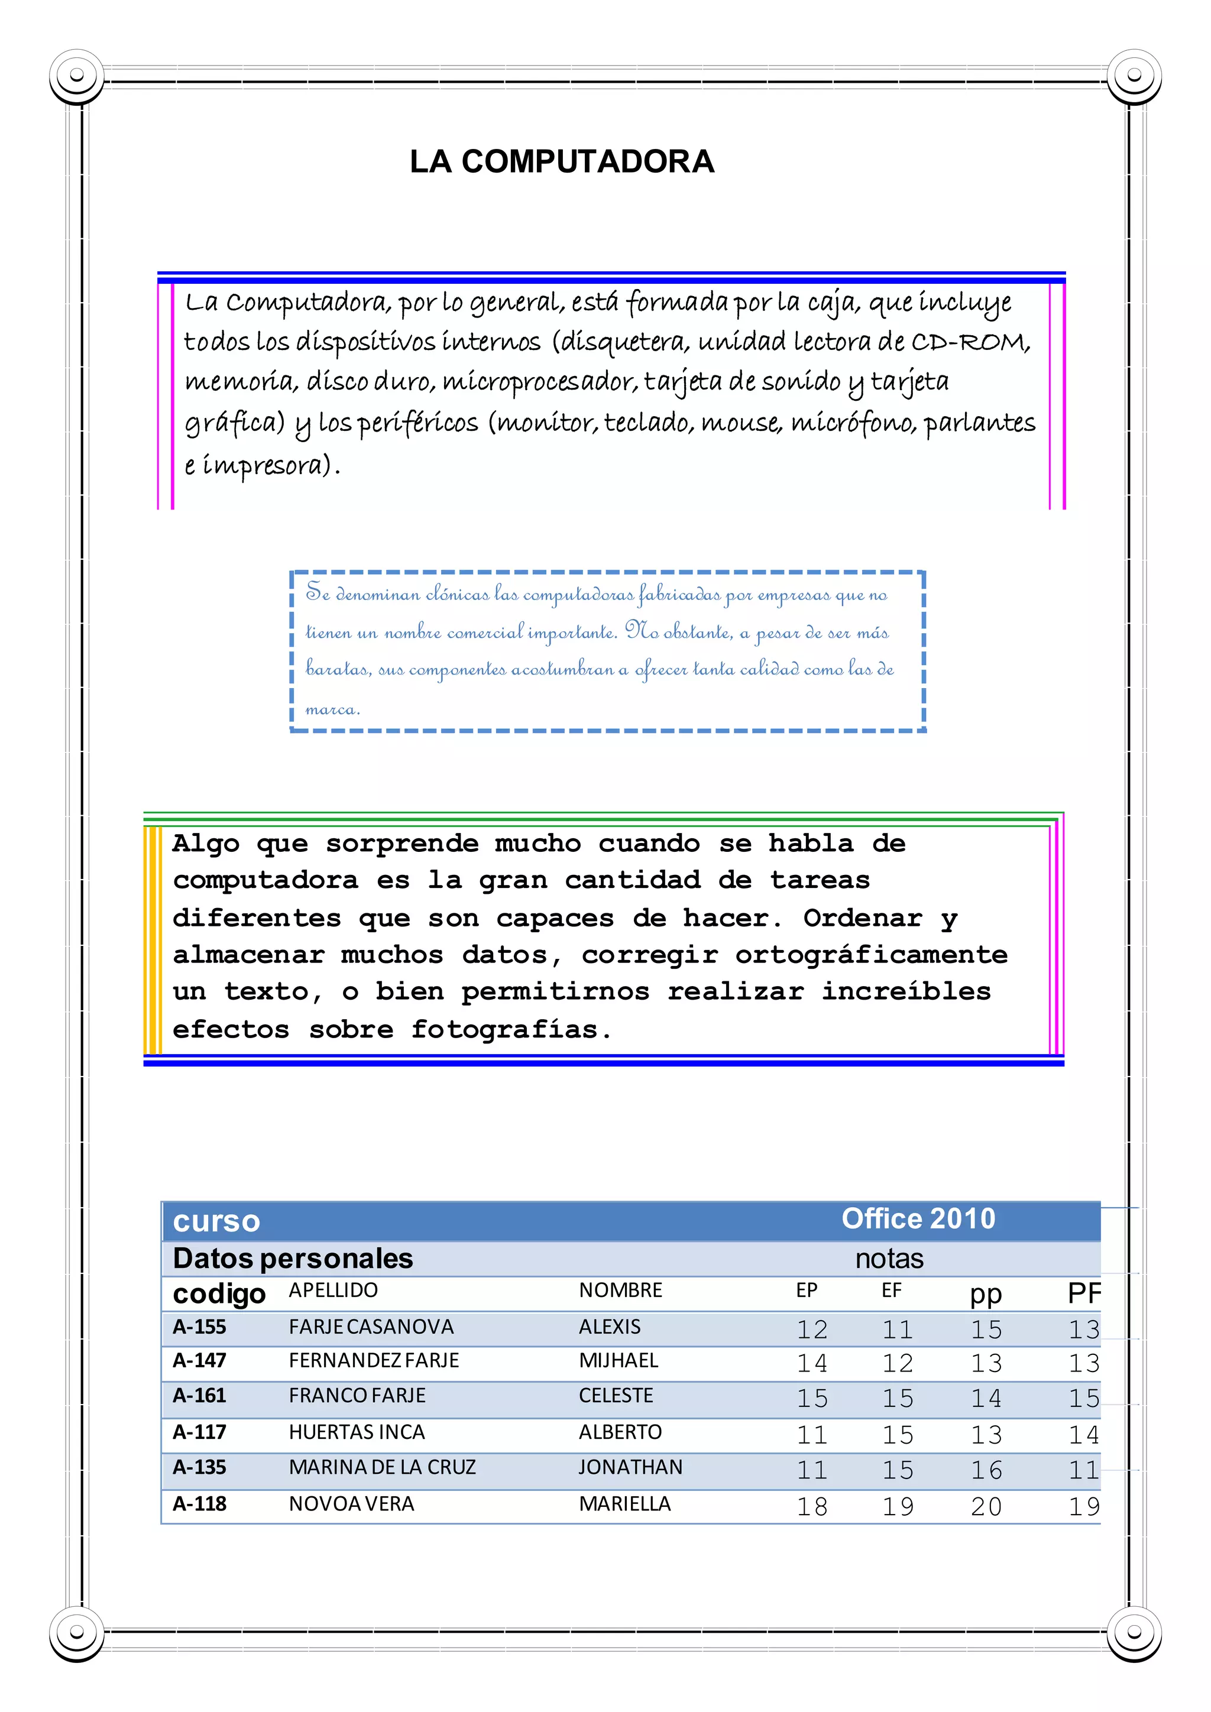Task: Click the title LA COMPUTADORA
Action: [x=562, y=162]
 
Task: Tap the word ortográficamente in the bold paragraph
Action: [x=871, y=955]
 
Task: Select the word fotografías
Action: [x=504, y=1030]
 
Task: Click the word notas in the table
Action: [x=889, y=1259]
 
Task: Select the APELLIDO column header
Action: [x=333, y=1291]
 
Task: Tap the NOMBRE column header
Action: [x=620, y=1291]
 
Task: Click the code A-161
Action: [x=199, y=1396]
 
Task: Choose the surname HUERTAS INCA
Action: [x=357, y=1432]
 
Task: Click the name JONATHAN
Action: [x=630, y=1467]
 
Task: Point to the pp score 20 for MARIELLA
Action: [x=986, y=1507]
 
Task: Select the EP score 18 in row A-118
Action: [x=812, y=1507]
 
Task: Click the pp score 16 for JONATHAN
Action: [x=986, y=1470]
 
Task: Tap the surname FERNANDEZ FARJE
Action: [x=374, y=1361]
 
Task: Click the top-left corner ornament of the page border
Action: [x=76, y=75]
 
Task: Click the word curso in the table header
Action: [x=216, y=1221]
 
